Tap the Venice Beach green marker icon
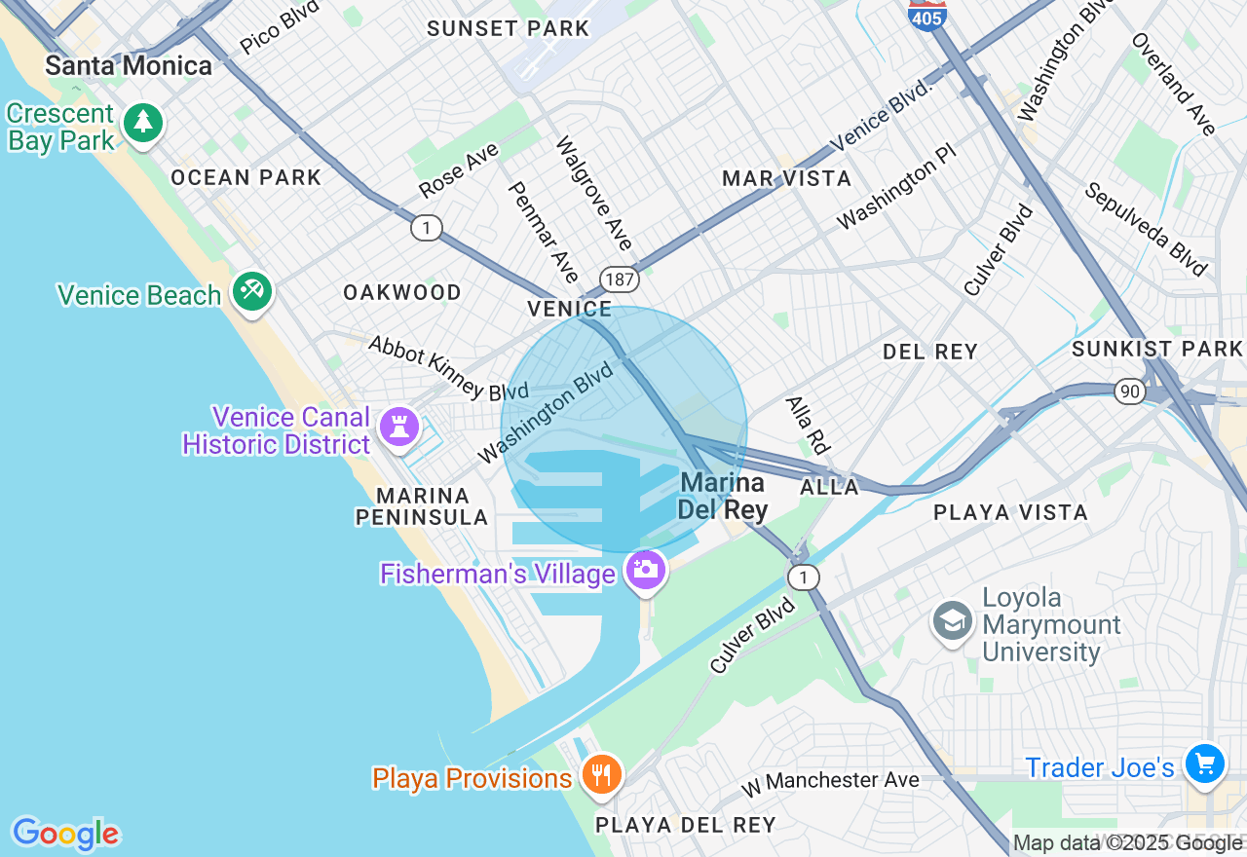[252, 291]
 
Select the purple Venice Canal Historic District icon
[398, 427]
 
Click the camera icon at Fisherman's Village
[645, 569]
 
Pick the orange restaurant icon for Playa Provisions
[602, 775]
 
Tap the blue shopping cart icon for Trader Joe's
[1205, 763]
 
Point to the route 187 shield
[619, 280]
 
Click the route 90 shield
[1130, 391]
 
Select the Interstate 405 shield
[927, 15]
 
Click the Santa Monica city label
[129, 66]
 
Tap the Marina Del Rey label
[723, 496]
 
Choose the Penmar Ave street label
[544, 232]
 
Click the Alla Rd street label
[808, 425]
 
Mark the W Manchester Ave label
[829, 780]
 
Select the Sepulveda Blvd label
[1146, 230]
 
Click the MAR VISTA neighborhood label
[786, 179]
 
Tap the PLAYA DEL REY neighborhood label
[686, 826]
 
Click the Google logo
[65, 834]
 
